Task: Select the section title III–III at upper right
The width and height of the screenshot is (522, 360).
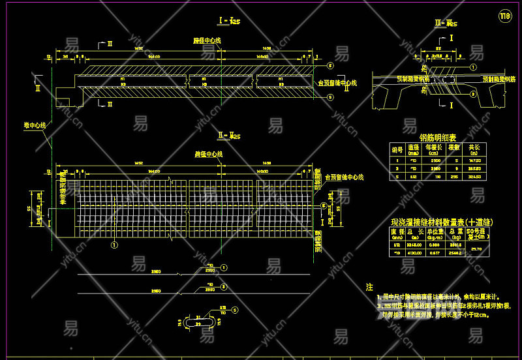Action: click(446, 23)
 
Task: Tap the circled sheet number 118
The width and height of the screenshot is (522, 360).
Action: click(504, 15)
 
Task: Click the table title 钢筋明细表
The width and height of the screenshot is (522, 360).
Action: click(438, 138)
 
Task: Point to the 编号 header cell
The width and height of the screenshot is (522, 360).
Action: click(397, 149)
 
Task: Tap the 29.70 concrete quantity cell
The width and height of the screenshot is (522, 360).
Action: click(476, 248)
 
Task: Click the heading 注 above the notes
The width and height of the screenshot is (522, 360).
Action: click(369, 286)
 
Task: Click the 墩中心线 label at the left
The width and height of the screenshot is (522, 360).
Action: click(34, 125)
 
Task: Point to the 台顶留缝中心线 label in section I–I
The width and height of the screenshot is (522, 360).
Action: click(337, 83)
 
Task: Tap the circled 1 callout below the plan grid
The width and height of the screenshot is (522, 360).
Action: click(114, 245)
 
